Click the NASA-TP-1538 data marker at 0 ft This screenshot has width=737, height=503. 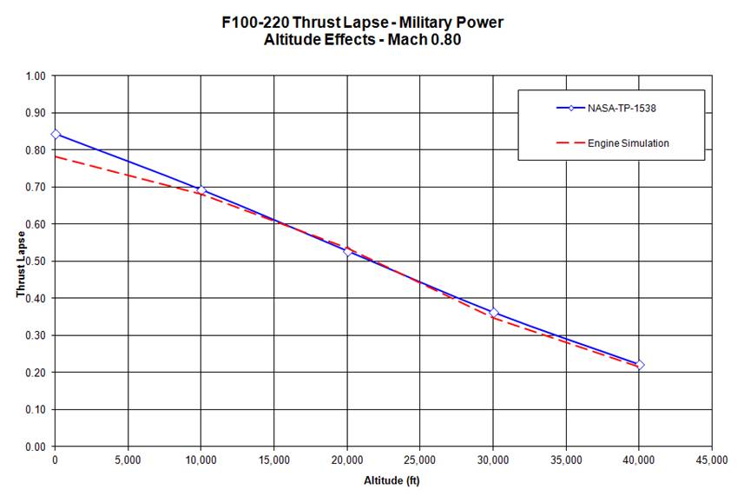click(56, 134)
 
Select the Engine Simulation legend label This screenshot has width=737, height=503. click(628, 143)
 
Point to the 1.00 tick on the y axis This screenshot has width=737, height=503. click(36, 76)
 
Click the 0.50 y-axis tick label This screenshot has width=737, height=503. click(36, 261)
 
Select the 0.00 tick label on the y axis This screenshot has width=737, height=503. click(36, 447)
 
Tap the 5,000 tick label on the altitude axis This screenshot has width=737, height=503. click(128, 460)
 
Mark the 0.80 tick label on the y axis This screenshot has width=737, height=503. click(36, 150)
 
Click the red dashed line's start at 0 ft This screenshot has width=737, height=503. click(56, 156)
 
